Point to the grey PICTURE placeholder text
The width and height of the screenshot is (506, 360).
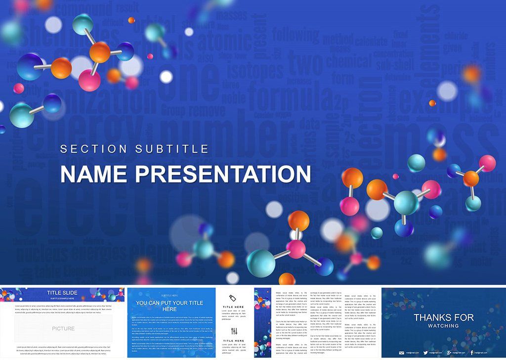click(x=63, y=328)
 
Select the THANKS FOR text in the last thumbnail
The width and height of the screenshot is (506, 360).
click(x=443, y=317)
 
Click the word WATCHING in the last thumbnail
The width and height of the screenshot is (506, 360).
click(x=443, y=326)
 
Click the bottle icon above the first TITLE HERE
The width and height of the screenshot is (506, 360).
click(x=234, y=297)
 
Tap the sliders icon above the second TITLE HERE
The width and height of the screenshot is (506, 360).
click(x=234, y=331)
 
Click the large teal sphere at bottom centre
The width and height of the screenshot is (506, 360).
click(x=260, y=263)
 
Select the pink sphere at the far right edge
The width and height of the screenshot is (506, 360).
click(x=487, y=163)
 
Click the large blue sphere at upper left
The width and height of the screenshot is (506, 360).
click(x=30, y=67)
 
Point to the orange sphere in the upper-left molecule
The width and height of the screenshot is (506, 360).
click(x=100, y=52)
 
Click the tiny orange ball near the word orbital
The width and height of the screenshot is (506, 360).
click(x=131, y=20)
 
